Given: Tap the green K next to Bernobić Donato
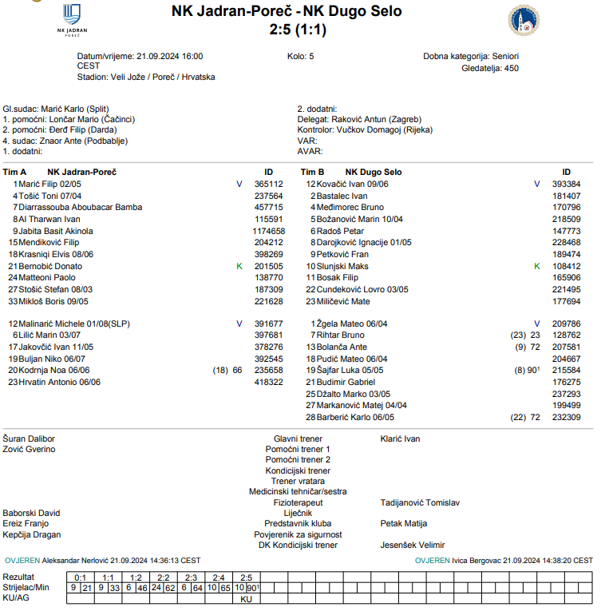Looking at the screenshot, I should tap(239, 266).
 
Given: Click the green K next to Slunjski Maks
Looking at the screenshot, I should tap(536, 266).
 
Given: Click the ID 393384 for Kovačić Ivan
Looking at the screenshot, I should tap(566, 184).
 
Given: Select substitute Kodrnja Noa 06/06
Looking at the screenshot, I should tap(54, 370).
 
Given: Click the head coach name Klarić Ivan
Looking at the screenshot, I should tap(400, 438).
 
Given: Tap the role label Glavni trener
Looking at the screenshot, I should tap(298, 438).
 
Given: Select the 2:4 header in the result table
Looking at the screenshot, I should tap(218, 577).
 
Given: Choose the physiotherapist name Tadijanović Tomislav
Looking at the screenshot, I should tap(420, 502).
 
